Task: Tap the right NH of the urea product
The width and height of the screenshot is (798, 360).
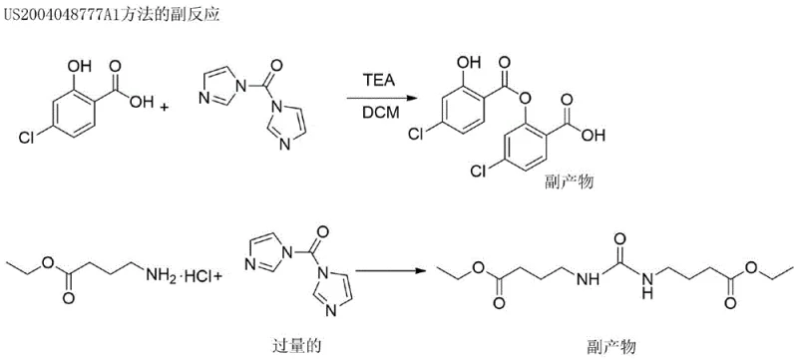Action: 645,288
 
